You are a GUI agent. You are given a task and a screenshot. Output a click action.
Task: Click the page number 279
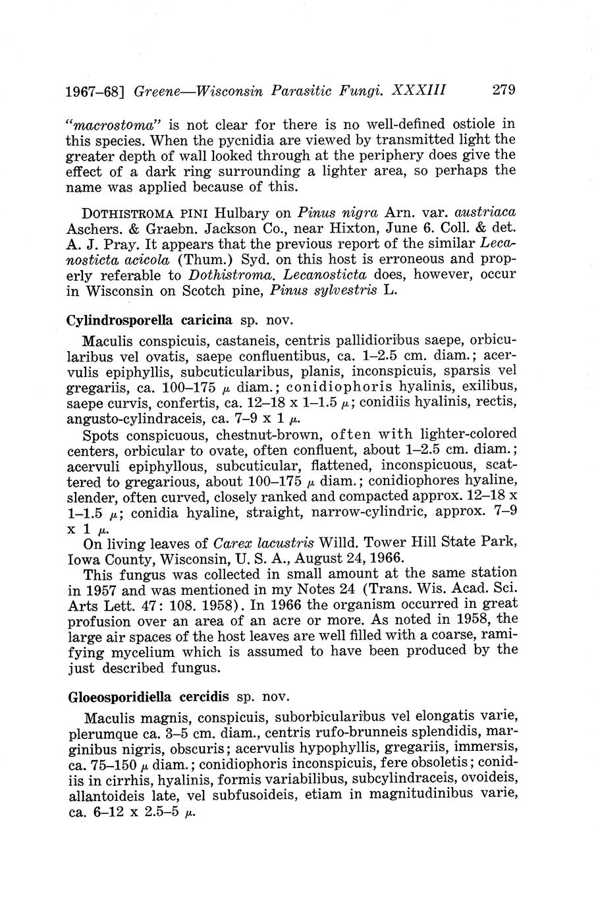(503, 90)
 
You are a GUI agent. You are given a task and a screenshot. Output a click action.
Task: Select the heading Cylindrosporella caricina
(149, 321)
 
